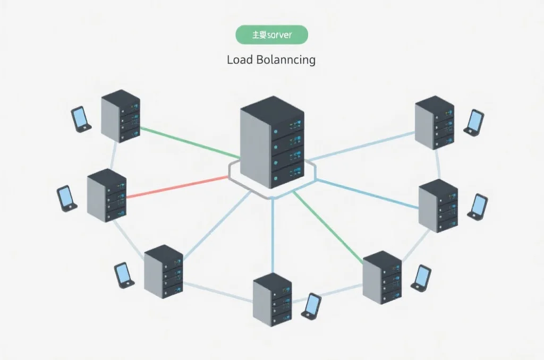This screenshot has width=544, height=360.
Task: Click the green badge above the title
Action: click(x=271, y=35)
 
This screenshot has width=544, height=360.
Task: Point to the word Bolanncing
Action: click(x=286, y=59)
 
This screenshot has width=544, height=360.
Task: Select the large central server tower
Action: click(x=272, y=141)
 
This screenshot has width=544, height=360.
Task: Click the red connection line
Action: click(x=175, y=187)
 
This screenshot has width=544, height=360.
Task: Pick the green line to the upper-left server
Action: click(x=189, y=142)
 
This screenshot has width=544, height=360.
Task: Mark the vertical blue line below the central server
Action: click(x=273, y=234)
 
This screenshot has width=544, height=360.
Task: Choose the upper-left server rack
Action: click(x=121, y=116)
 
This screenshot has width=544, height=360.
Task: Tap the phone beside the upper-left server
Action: click(x=81, y=119)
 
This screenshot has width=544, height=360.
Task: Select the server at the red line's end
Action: click(x=106, y=195)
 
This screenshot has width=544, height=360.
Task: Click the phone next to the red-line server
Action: click(x=66, y=198)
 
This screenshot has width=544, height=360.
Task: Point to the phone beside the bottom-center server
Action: click(x=311, y=306)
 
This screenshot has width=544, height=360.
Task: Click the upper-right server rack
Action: click(x=435, y=121)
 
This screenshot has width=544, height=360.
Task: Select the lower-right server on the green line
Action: click(x=382, y=277)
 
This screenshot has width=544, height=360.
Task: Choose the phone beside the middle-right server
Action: click(x=478, y=207)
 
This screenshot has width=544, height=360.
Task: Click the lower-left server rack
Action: click(x=163, y=272)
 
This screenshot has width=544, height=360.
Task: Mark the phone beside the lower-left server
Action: click(x=124, y=275)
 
